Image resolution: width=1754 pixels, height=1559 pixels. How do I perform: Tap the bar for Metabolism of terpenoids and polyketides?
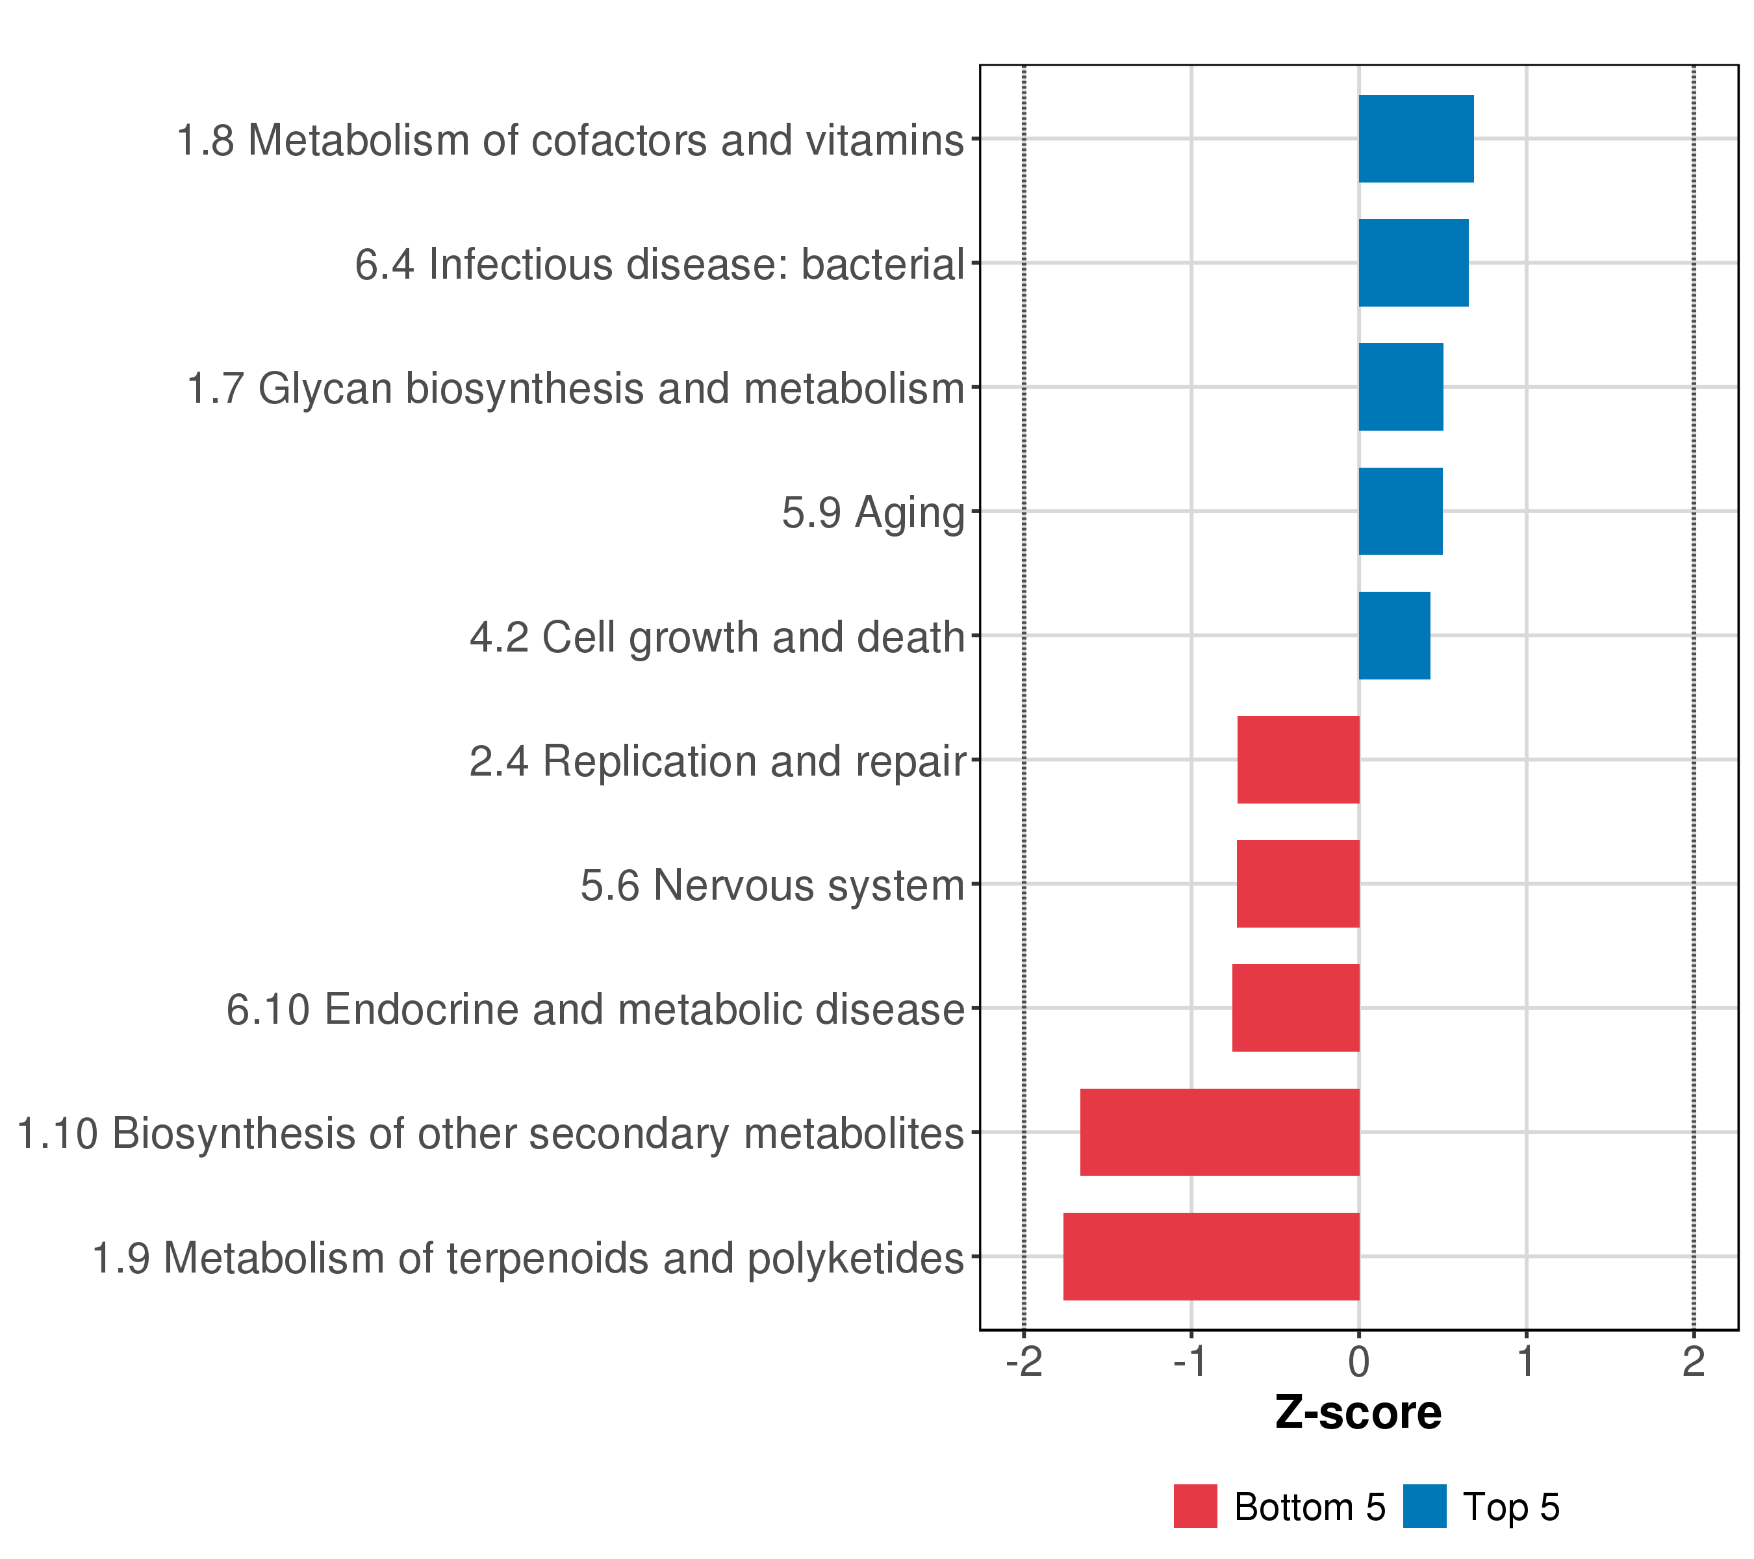[1210, 1256]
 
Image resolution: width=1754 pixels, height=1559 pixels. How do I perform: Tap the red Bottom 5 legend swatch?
[1195, 1506]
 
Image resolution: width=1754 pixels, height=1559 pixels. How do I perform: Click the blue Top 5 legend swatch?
[1425, 1506]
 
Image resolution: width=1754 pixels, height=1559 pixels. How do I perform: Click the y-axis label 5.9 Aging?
[872, 513]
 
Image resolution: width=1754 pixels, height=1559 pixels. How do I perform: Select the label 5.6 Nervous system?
[772, 885]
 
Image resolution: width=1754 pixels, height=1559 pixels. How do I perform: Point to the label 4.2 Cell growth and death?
[717, 637]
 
